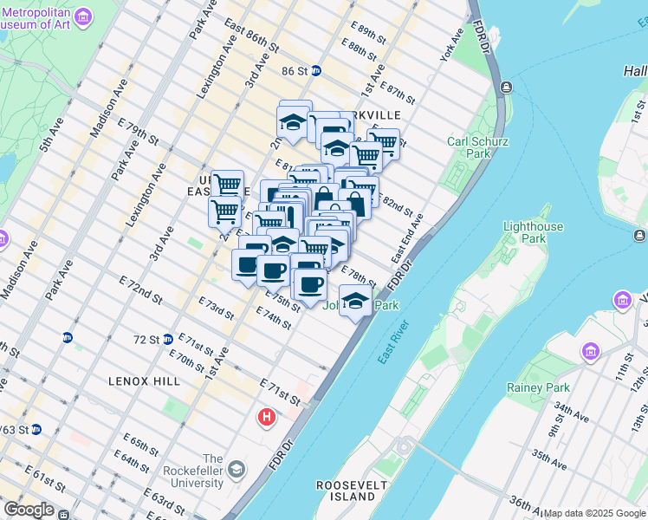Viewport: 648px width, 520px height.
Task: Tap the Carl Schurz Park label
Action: (x=477, y=148)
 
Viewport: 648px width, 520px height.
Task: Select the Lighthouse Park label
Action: (x=533, y=233)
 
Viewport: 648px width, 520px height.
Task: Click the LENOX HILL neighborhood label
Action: (x=144, y=380)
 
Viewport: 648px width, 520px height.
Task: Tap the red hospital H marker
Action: (x=267, y=418)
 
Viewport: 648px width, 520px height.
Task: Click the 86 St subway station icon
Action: (x=316, y=71)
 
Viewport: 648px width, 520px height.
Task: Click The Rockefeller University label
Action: (x=213, y=471)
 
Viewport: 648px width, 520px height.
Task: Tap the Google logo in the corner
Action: (x=29, y=510)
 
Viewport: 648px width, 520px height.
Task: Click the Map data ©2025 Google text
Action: (x=594, y=513)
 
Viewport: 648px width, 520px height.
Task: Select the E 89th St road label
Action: (x=363, y=35)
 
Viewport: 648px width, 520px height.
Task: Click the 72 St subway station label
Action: (x=147, y=340)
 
